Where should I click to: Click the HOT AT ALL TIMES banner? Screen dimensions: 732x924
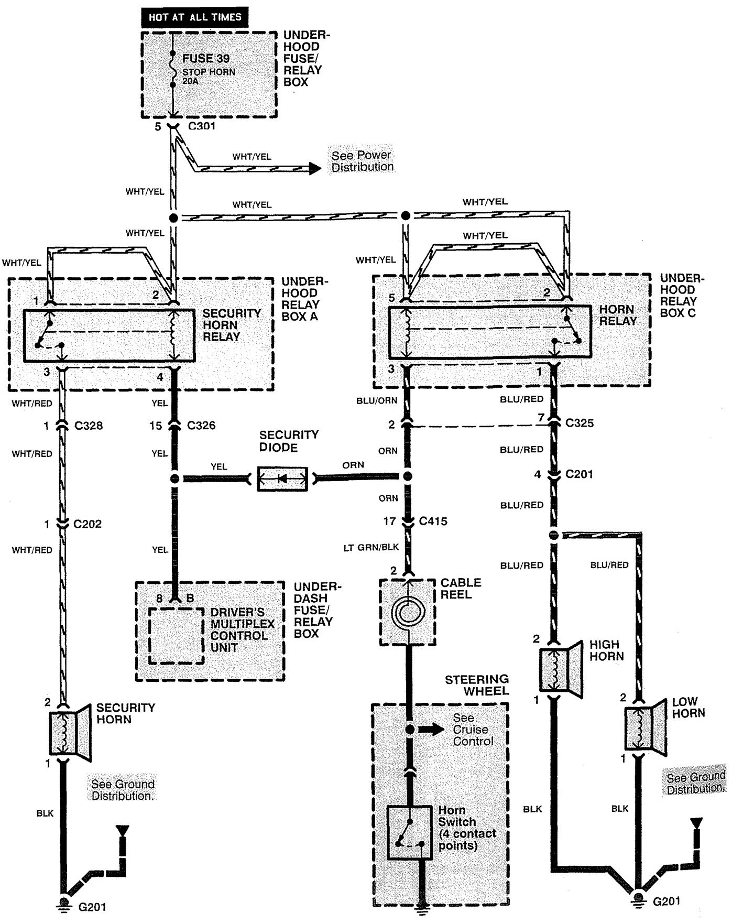[194, 17]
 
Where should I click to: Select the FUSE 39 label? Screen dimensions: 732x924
[206, 58]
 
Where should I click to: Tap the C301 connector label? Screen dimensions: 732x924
[202, 126]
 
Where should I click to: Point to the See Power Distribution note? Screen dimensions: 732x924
[362, 161]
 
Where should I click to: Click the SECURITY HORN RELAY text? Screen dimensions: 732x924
[231, 325]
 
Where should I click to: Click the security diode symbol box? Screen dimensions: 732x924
[282, 478]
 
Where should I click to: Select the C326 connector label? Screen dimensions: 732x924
[201, 425]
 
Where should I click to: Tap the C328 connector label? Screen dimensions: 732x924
[89, 426]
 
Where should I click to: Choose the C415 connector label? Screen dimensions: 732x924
[433, 521]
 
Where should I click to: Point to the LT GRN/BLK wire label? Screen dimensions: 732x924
[371, 547]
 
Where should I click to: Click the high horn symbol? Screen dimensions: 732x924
[561, 669]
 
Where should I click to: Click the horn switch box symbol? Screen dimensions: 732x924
[410, 832]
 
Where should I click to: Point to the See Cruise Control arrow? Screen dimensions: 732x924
[432, 730]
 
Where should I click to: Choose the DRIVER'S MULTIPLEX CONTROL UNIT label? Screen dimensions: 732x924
[242, 629]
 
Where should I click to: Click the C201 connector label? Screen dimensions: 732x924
[579, 474]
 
